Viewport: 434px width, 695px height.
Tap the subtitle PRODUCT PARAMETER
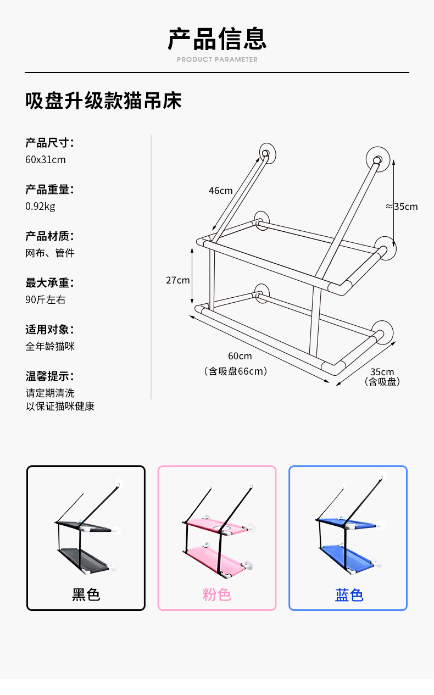[x=217, y=59]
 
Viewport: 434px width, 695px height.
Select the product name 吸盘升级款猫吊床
[x=103, y=101]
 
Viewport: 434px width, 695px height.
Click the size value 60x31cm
[x=46, y=160]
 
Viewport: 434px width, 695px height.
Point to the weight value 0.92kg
[x=40, y=207]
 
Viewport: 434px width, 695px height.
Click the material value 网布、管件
[x=50, y=253]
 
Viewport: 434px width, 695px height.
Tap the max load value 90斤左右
[x=46, y=300]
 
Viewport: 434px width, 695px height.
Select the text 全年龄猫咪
[x=50, y=347]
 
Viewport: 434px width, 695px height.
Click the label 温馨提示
[x=49, y=376]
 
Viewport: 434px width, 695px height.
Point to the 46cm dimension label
[x=220, y=191]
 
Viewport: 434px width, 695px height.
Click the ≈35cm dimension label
[x=402, y=207]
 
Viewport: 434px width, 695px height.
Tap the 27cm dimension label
[x=178, y=280]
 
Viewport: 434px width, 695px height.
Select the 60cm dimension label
[x=240, y=356]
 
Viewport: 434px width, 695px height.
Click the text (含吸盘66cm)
[x=236, y=371]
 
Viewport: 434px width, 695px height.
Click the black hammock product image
[x=86, y=530]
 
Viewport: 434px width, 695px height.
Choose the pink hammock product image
[x=217, y=530]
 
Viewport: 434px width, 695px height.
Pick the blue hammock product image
[x=348, y=530]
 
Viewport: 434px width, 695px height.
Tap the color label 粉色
[x=217, y=594]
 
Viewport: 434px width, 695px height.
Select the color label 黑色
[x=86, y=594]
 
